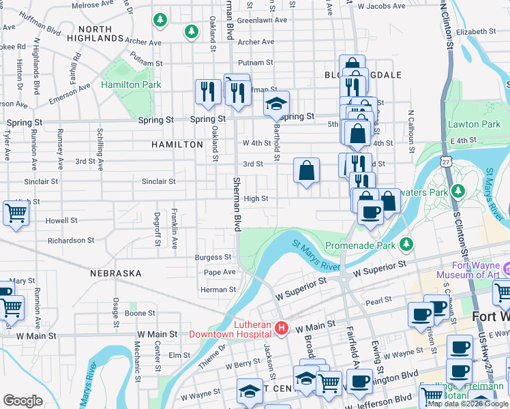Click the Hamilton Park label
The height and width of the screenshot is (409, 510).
click(x=131, y=85)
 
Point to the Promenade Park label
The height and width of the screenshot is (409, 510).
click(x=360, y=245)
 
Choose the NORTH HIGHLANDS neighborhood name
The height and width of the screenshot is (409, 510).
click(x=100, y=33)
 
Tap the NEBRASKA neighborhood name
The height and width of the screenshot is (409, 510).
click(x=116, y=273)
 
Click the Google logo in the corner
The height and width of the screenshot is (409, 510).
click(x=22, y=401)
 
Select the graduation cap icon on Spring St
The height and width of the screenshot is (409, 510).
click(x=276, y=104)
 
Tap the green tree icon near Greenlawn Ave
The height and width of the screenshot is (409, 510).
click(x=192, y=31)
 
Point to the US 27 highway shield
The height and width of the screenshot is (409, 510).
click(x=445, y=162)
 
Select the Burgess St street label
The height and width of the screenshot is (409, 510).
click(x=213, y=258)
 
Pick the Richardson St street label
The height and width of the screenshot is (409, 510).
click(x=71, y=241)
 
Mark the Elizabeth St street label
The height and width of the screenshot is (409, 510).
click(x=477, y=31)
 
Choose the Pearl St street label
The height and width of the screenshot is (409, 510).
click(x=378, y=299)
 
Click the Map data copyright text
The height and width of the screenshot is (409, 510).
click(x=468, y=404)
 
